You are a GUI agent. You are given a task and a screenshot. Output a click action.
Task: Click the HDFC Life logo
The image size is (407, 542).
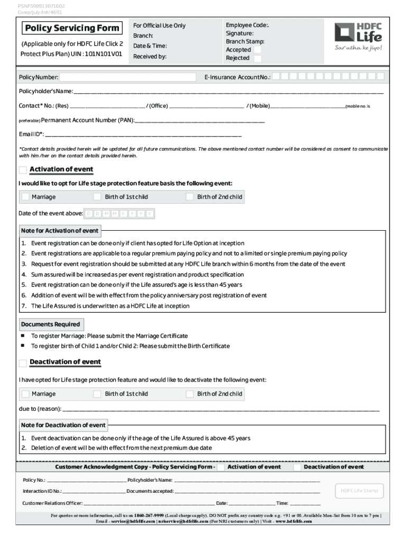(358, 36)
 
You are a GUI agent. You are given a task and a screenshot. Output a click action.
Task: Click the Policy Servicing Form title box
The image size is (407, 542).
(71, 28)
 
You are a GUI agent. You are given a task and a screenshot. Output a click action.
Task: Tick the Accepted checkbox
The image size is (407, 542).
(257, 50)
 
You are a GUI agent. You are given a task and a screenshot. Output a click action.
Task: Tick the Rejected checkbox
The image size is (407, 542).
(257, 58)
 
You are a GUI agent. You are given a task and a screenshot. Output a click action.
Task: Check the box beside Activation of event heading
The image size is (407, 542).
(23, 170)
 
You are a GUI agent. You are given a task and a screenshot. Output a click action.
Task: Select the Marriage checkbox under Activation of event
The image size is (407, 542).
(25, 197)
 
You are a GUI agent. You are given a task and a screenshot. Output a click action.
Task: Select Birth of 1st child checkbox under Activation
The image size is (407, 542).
(97, 197)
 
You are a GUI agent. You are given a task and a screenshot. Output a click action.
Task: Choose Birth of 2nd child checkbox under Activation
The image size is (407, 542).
(190, 197)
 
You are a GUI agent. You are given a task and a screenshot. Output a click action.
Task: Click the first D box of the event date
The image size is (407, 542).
(89, 214)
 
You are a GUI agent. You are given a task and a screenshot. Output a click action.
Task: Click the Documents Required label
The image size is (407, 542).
(51, 324)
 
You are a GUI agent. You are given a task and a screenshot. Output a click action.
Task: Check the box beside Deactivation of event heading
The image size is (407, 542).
(23, 363)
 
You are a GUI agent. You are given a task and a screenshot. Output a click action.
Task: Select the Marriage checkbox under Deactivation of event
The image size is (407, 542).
(25, 394)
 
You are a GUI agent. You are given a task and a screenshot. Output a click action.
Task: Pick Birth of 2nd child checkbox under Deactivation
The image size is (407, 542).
(190, 394)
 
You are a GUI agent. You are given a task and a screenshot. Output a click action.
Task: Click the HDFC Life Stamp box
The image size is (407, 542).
(359, 491)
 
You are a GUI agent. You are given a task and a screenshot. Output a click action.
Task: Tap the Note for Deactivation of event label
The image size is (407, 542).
(63, 425)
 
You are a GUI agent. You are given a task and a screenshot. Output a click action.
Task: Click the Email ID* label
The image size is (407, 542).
(31, 134)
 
